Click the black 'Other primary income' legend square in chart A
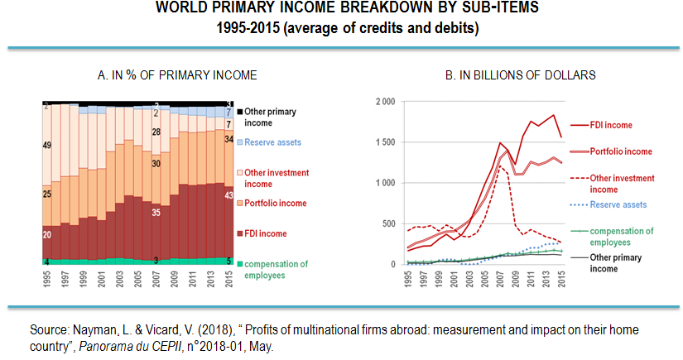(240, 111)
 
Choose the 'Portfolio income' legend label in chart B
(620, 151)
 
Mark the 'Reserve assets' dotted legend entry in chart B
(617, 204)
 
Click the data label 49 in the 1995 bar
(47, 146)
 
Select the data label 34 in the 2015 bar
(228, 139)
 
